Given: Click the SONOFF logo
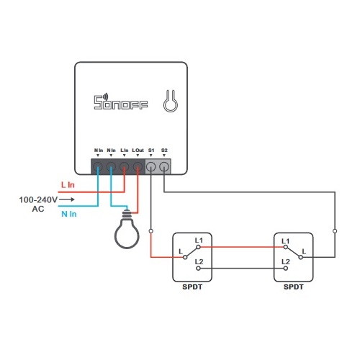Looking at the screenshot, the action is point(121,102).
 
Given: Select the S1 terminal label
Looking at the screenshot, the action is point(151,150).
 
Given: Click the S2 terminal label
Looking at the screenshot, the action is point(164,150).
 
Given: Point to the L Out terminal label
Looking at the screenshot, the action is point(138,150).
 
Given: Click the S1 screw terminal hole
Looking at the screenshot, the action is point(151,166).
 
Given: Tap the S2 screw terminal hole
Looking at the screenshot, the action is point(164,166).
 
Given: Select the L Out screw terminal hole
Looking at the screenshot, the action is point(138,166).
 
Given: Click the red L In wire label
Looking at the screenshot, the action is point(68,185).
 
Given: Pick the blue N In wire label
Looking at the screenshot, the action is point(69,214).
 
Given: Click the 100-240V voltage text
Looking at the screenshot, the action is point(38,199).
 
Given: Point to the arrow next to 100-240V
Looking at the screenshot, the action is point(67,199).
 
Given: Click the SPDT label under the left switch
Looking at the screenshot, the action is point(192,287).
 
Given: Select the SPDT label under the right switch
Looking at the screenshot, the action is point(294,287).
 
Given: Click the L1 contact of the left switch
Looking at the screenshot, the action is point(198,247).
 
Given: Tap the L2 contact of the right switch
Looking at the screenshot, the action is point(286,269).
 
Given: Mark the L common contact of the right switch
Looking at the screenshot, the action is point(301,257).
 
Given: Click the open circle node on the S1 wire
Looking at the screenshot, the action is point(151,231).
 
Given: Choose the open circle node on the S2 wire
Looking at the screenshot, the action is point(335,231).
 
